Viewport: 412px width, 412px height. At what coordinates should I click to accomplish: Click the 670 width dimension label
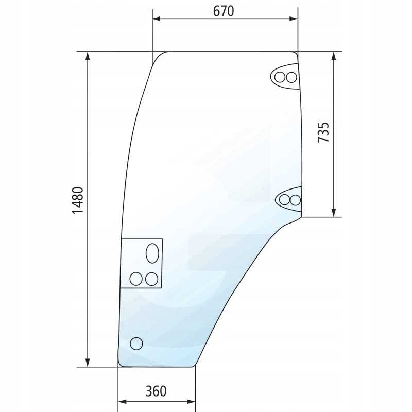pos(224,11)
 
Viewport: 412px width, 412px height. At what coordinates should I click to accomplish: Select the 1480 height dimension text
pos(78,200)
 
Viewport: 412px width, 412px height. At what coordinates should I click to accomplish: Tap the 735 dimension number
pos(323,132)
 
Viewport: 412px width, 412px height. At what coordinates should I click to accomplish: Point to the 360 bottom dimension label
pos(156,391)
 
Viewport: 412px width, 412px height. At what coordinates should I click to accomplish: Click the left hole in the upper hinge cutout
pos(280,77)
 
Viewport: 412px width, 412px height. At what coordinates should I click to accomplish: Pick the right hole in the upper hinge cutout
pos(291,77)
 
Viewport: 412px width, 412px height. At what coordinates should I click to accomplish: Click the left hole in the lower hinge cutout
pos(284,200)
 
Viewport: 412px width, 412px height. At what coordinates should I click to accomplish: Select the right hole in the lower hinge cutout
pos(295,200)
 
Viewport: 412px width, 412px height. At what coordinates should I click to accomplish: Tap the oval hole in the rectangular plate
pos(152,253)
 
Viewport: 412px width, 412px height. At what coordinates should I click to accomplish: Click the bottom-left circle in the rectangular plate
pos(136,279)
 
